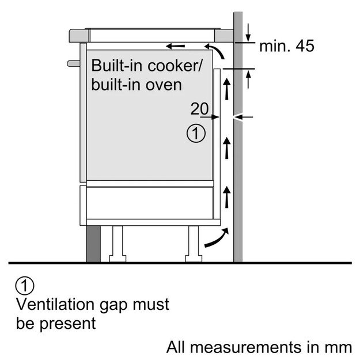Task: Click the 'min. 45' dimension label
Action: [x=287, y=47]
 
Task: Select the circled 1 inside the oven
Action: [x=196, y=135]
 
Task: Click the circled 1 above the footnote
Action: [x=25, y=285]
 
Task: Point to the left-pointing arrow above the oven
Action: [x=177, y=46]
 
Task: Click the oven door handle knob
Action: [x=71, y=62]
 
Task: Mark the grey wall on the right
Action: [x=238, y=173]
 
